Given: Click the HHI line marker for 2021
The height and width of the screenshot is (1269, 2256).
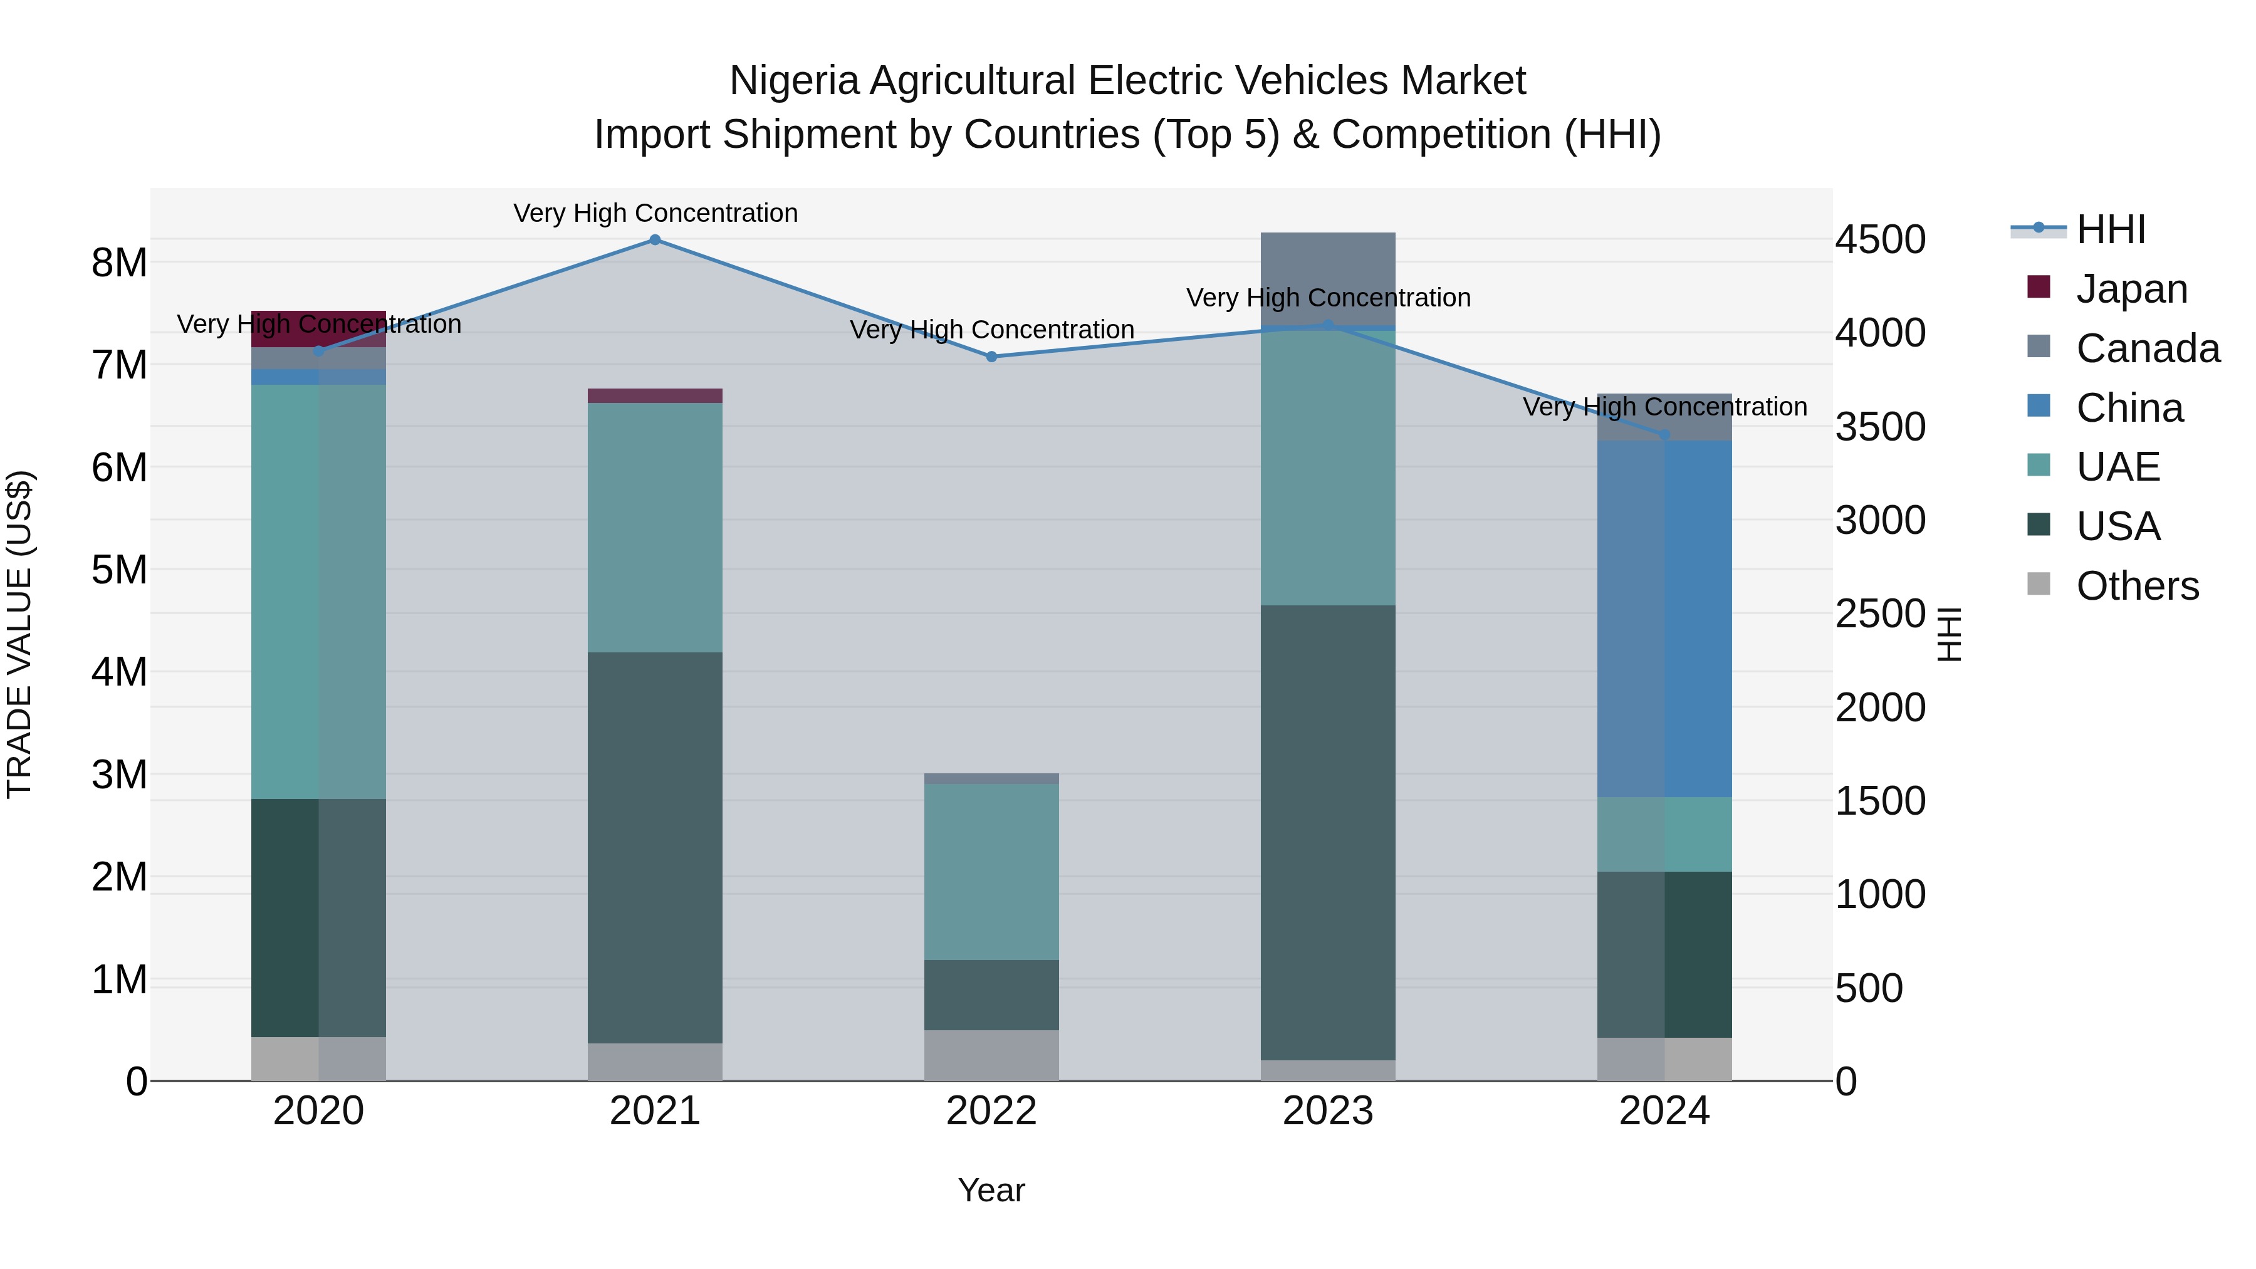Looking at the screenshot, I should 654,240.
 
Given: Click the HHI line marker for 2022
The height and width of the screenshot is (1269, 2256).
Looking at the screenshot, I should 991,357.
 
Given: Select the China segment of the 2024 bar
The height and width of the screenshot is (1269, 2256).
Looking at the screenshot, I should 1664,619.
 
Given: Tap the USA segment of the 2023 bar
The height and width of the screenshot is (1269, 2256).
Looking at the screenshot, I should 1328,832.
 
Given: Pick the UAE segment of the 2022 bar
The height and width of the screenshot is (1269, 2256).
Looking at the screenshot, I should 991,872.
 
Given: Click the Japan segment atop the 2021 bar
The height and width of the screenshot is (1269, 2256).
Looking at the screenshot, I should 654,396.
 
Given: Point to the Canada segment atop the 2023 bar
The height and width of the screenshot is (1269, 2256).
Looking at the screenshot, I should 1328,278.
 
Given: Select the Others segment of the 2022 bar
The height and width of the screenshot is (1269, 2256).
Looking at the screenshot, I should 991,1055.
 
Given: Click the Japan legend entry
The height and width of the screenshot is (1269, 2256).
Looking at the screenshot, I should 2130,288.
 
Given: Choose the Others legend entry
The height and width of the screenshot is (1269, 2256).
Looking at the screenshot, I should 2136,585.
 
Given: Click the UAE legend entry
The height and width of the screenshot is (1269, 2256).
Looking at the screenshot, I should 2117,467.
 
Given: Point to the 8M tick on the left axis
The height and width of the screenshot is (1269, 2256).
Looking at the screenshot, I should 119,263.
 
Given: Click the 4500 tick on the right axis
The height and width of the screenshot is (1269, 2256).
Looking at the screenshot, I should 1880,240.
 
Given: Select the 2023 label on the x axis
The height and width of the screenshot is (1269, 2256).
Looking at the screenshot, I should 1328,1111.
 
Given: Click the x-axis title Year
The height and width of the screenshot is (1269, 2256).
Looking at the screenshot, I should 991,1190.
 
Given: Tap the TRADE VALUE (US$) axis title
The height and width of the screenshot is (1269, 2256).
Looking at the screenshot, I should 19,634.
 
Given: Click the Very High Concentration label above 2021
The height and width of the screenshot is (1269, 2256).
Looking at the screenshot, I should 655,213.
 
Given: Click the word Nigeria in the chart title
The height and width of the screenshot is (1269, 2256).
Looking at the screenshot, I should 793,81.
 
